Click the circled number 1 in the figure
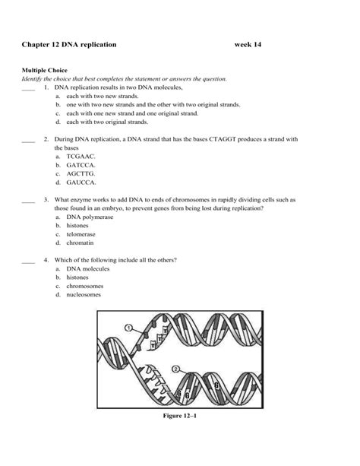(x=128, y=328)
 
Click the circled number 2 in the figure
(x=176, y=369)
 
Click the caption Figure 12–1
(x=179, y=416)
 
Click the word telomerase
(x=81, y=234)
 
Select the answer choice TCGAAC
(x=80, y=155)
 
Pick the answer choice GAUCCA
(x=81, y=182)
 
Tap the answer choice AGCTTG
(x=81, y=173)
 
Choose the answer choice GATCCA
(x=81, y=164)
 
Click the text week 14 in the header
(x=251, y=45)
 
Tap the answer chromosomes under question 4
(x=85, y=287)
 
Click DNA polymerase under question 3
(x=90, y=217)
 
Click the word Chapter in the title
(x=37, y=45)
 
